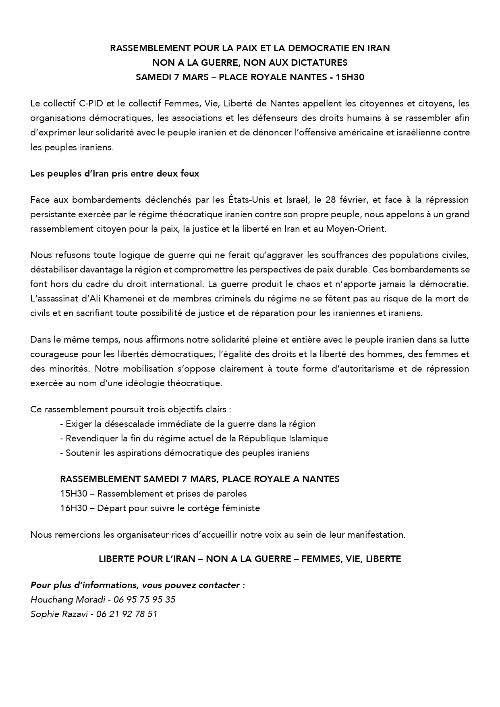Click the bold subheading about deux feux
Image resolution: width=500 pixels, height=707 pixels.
[115, 174]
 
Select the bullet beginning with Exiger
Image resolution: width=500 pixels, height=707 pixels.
[188, 424]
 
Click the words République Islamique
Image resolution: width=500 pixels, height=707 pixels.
[283, 438]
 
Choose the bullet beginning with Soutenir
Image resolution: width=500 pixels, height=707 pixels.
[185, 453]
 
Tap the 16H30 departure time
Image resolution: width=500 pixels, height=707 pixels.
[74, 508]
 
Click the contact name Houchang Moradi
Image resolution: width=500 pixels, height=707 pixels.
[68, 599]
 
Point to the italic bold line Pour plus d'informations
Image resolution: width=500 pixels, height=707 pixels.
[138, 585]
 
